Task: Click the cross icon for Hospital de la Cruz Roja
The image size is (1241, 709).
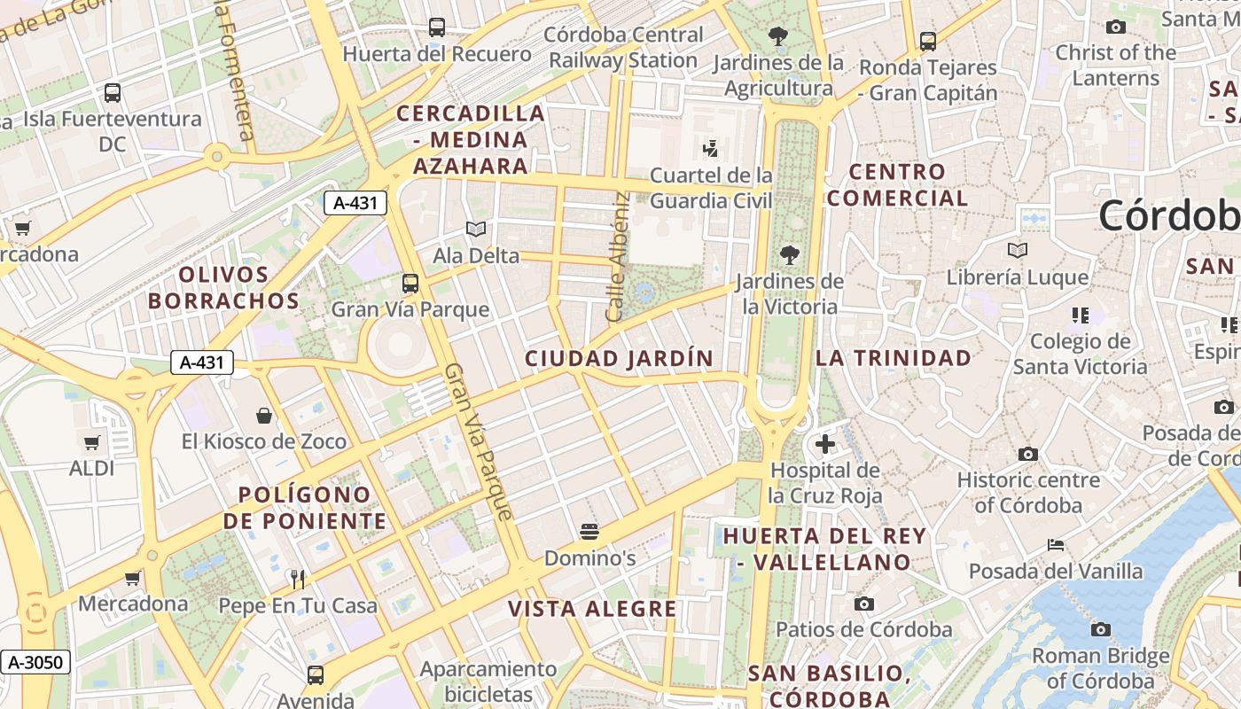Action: (825, 443)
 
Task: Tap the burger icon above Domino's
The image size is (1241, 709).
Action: (589, 532)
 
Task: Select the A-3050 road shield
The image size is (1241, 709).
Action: (35, 662)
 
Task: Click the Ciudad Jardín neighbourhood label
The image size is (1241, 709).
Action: (619, 359)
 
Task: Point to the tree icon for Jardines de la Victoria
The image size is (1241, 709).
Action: (789, 255)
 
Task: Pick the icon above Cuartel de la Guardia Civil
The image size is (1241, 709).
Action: (709, 148)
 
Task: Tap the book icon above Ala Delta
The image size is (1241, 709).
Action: (476, 230)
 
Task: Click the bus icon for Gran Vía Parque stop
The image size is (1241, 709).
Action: (410, 284)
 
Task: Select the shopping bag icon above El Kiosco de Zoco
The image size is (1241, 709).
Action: (264, 415)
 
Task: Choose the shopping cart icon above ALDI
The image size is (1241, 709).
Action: (91, 442)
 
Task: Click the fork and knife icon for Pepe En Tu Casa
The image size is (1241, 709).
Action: (298, 580)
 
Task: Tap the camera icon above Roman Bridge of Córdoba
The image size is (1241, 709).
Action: (1100, 629)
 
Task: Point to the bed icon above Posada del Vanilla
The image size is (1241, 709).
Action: (1055, 544)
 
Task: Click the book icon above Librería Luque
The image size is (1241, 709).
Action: (1018, 251)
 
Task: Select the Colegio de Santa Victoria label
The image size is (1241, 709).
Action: (1080, 354)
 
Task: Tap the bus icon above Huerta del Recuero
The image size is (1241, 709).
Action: (437, 27)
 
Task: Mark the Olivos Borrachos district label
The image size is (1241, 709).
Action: (223, 288)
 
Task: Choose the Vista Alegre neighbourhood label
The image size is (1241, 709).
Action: (592, 609)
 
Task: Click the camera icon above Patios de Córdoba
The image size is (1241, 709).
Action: (863, 604)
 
